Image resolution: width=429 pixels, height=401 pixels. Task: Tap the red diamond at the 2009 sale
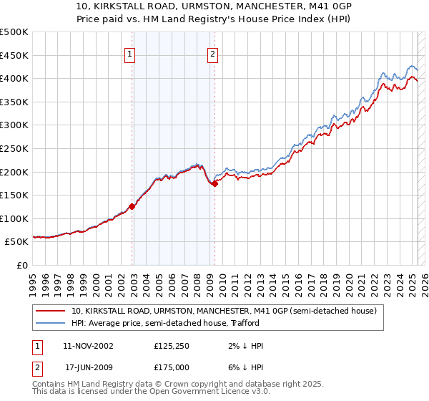[x=214, y=183]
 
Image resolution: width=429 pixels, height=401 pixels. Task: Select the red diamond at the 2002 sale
[x=132, y=206]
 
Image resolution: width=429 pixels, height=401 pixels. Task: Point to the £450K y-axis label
[x=14, y=55]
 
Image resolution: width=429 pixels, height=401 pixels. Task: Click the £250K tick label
[x=14, y=148]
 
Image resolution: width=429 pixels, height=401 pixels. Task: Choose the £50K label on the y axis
[x=17, y=242]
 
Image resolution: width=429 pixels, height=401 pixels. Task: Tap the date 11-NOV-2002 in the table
[x=88, y=346]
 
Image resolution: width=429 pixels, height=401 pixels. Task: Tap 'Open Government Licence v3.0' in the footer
[x=214, y=392]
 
